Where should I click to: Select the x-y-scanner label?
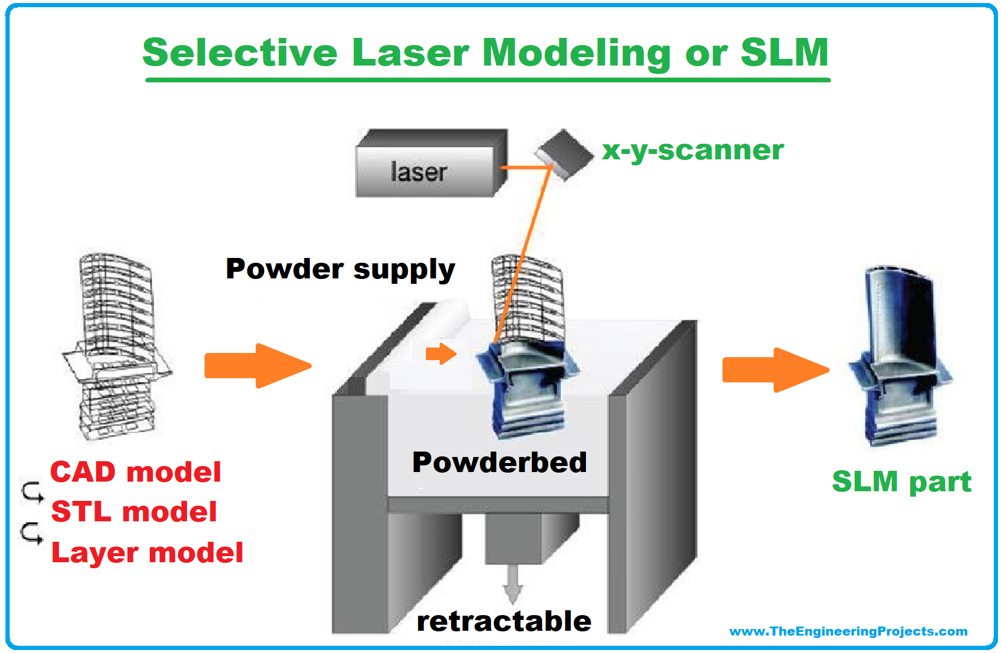point(692,150)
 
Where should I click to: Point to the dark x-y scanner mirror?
point(564,155)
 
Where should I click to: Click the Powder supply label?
point(340,269)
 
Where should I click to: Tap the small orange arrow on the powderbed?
point(441,354)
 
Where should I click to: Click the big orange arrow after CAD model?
point(258,366)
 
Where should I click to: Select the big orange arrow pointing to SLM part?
point(776,370)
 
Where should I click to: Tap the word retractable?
point(504,621)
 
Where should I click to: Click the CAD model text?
point(136,472)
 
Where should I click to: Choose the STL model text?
point(134,512)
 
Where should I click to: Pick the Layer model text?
point(147,553)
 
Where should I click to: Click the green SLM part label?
point(902,482)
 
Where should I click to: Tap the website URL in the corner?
point(848,631)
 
